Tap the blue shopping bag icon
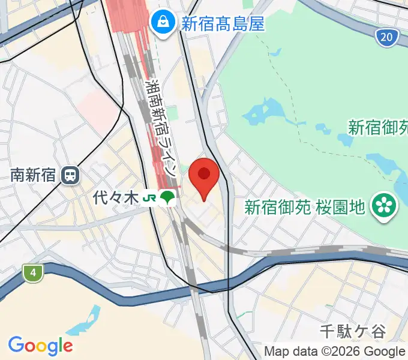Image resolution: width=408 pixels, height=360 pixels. (162, 23)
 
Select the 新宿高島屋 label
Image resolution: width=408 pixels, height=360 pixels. (223, 23)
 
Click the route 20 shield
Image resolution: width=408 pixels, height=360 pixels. (388, 38)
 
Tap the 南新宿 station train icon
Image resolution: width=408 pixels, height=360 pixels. (70, 176)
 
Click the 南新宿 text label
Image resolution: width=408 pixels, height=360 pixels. (33, 176)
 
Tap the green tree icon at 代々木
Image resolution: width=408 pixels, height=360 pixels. (168, 197)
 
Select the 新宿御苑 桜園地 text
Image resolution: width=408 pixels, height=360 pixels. (305, 208)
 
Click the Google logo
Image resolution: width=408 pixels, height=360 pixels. (40, 345)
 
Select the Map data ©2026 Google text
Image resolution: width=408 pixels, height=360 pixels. (335, 351)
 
